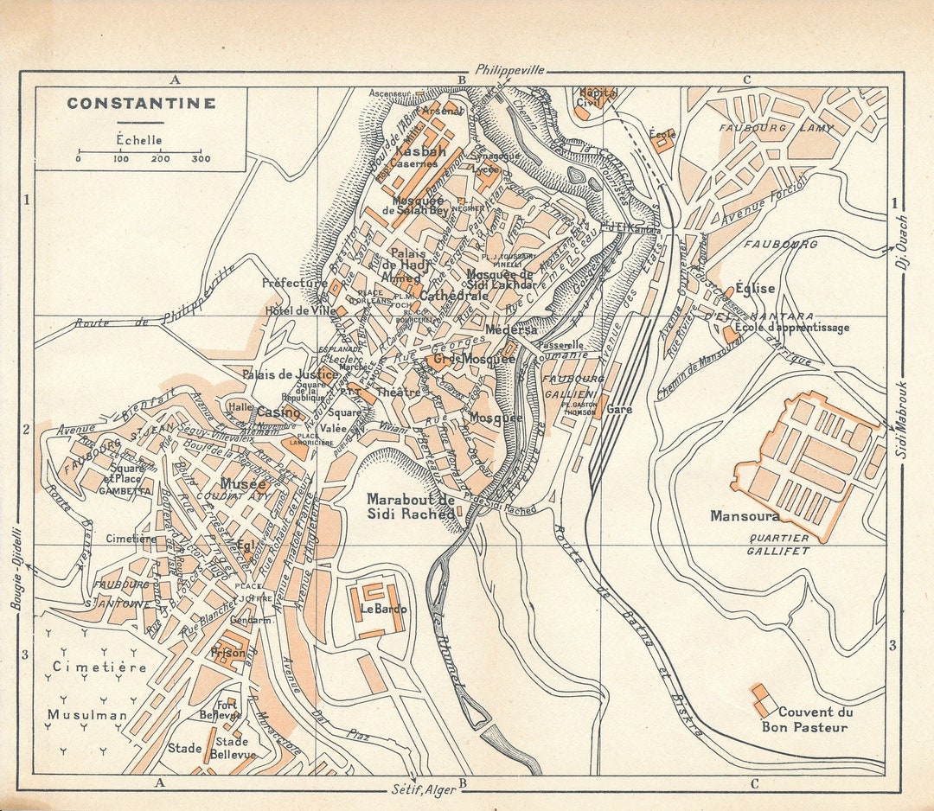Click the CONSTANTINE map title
(x=141, y=104)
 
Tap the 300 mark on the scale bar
(x=201, y=159)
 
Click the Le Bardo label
(x=383, y=609)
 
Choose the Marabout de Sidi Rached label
(x=411, y=507)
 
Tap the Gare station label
(x=619, y=409)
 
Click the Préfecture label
(x=296, y=283)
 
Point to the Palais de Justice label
(x=290, y=374)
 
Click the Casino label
(x=278, y=412)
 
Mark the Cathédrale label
(x=454, y=295)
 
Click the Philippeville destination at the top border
(x=509, y=70)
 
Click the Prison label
(x=228, y=654)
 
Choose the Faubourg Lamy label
(x=776, y=128)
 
